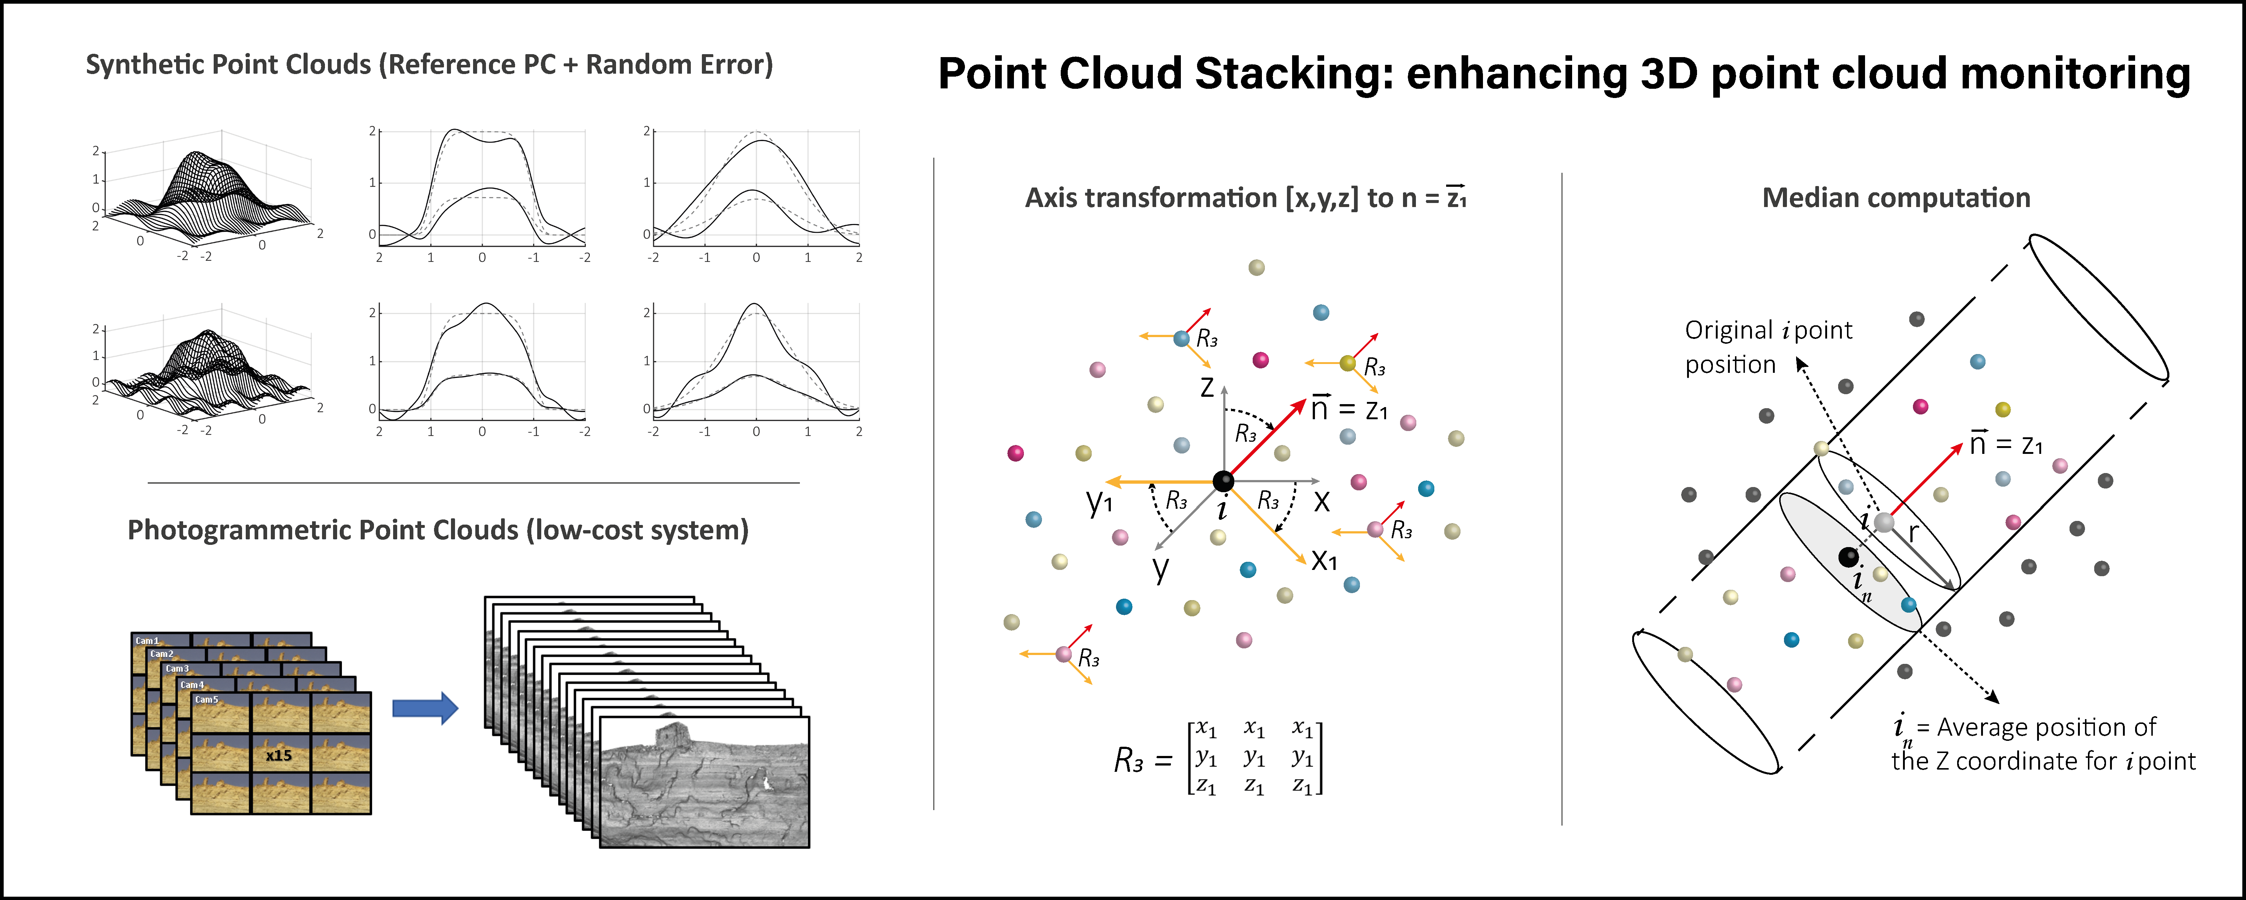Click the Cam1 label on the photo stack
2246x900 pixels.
147,640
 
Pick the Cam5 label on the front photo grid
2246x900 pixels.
207,700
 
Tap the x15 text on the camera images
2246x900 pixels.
279,755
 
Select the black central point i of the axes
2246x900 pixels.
1223,480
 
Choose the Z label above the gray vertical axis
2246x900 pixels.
1207,386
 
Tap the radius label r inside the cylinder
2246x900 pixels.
1914,532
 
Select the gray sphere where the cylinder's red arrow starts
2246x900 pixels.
1884,522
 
